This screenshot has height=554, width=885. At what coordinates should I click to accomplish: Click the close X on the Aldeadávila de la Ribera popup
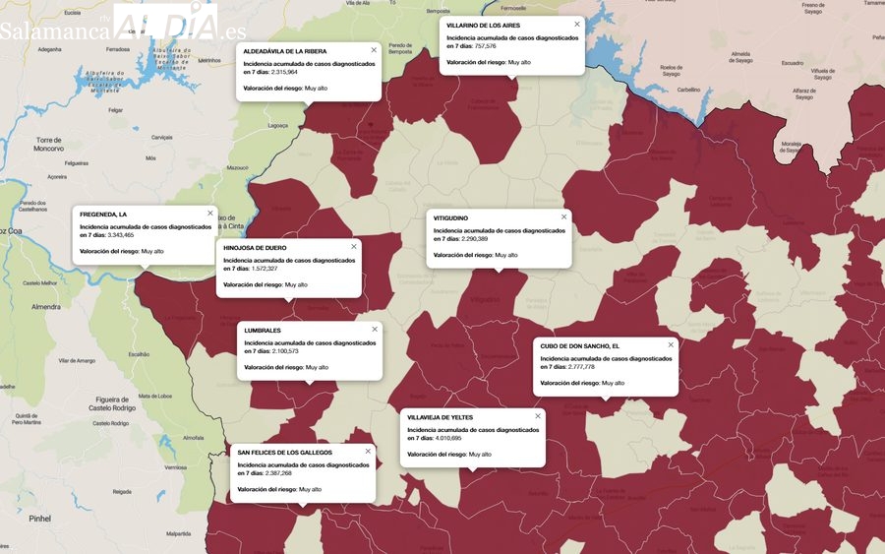point(374,50)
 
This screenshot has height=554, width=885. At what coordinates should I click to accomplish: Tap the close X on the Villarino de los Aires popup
point(577,24)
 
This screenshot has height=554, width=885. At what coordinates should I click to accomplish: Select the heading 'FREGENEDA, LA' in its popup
point(103,215)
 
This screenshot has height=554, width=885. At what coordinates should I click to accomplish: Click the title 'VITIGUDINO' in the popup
point(450,217)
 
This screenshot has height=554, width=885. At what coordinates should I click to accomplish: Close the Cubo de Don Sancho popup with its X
point(671,345)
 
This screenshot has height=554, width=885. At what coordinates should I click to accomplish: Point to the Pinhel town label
point(39,518)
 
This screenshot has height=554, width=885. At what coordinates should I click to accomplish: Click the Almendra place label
point(46,307)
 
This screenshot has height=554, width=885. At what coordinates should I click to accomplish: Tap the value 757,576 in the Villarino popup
point(485,46)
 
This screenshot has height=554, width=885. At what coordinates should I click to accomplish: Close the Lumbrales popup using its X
point(375,330)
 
